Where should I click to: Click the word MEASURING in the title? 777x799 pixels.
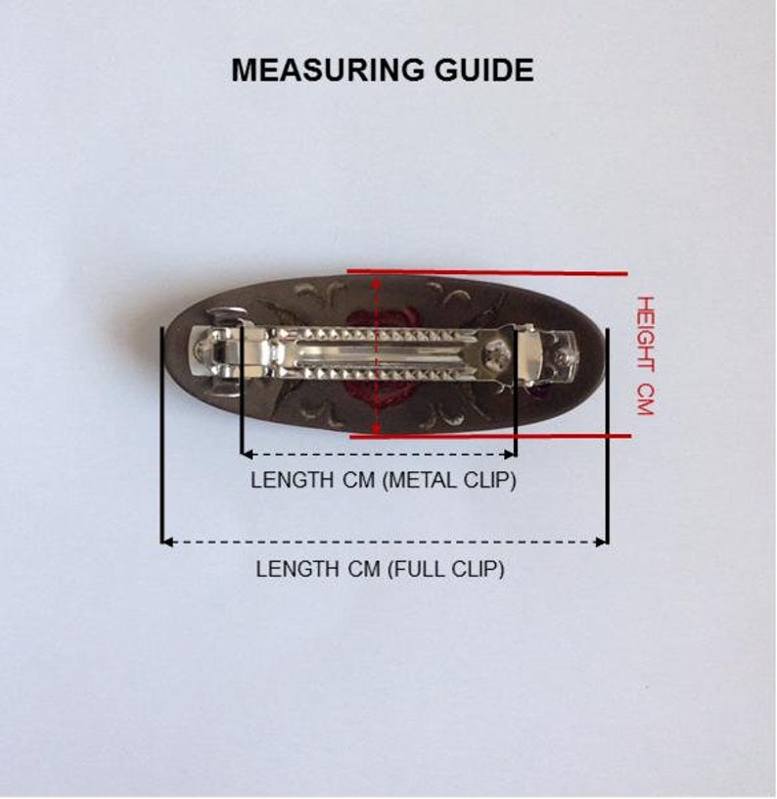coord(327,70)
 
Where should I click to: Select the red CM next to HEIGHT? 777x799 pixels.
coord(646,400)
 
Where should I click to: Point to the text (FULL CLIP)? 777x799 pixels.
coord(446,569)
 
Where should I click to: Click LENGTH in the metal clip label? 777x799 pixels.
coord(292,480)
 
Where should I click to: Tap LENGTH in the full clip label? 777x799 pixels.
coord(297,569)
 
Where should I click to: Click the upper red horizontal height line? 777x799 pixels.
coord(487,272)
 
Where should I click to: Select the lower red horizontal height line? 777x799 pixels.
coord(490,436)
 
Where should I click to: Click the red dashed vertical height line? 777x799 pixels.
coord(377,354)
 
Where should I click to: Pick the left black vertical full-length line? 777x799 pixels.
coord(161,435)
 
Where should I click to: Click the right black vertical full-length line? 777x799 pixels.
coord(608,438)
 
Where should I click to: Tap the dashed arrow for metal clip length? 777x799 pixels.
coord(379,453)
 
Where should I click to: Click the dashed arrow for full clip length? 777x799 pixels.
coord(385,542)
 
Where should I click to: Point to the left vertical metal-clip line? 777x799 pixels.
coord(242,389)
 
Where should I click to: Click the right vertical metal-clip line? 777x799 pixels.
coord(516,393)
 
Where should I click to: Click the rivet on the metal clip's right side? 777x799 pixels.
coord(493,352)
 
